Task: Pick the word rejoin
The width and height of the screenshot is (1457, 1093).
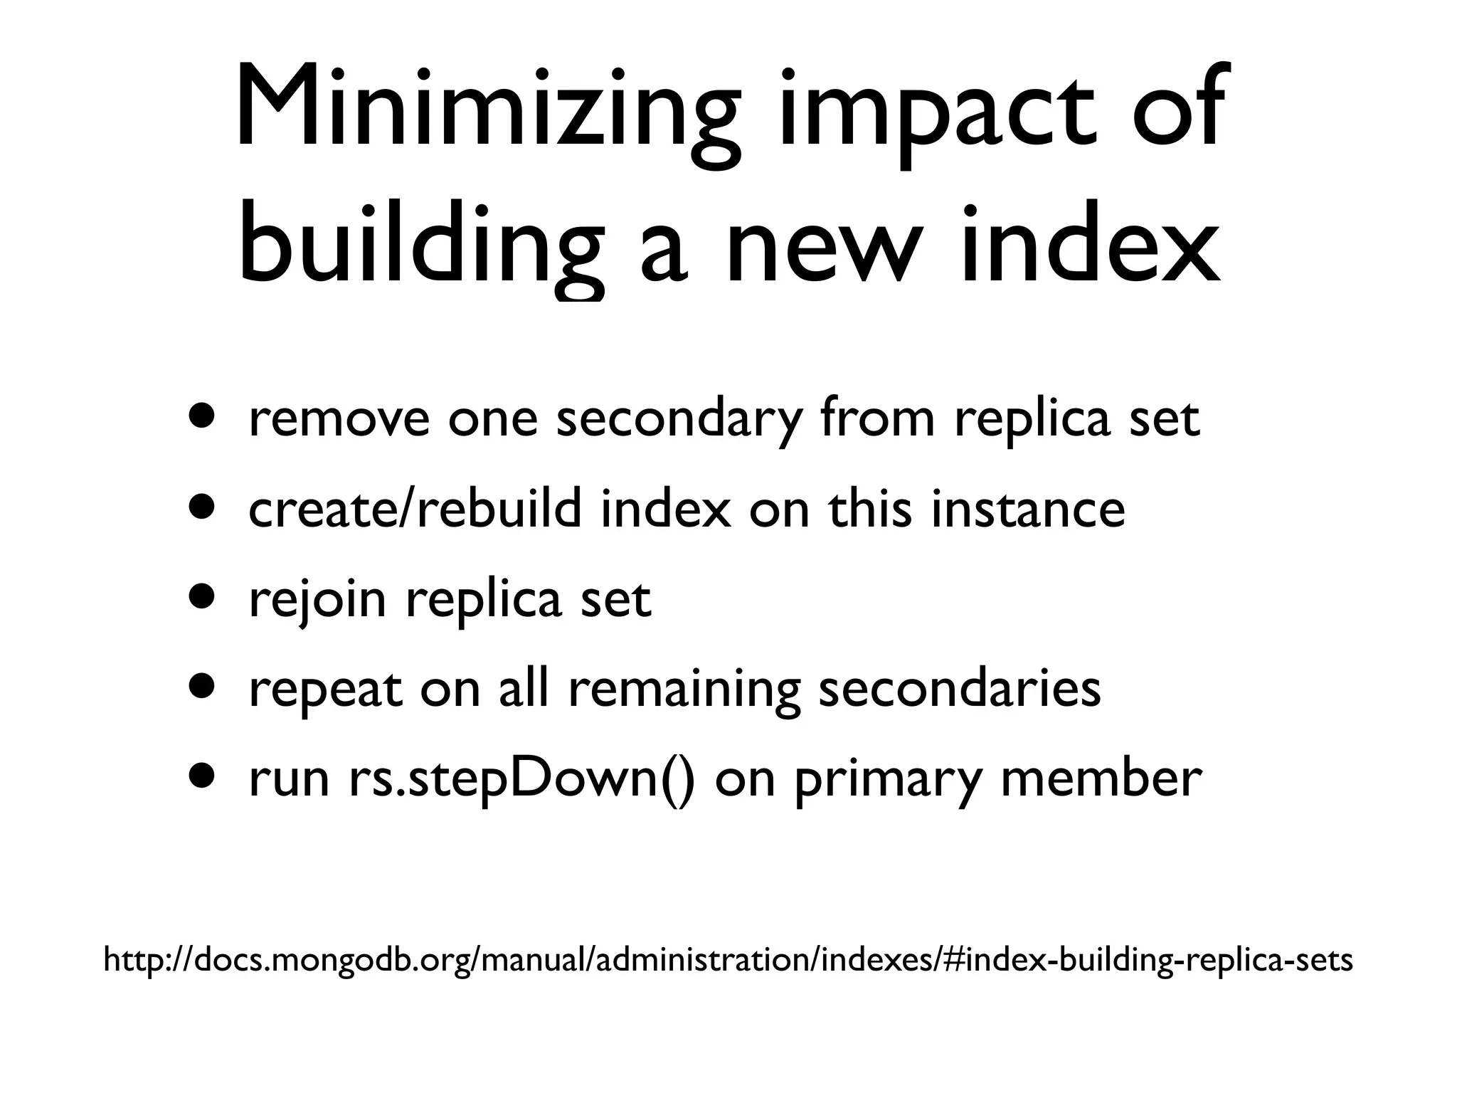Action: tap(317, 599)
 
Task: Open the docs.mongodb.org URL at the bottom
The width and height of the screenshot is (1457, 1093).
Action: tap(728, 960)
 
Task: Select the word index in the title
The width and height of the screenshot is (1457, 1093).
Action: tap(1088, 245)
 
